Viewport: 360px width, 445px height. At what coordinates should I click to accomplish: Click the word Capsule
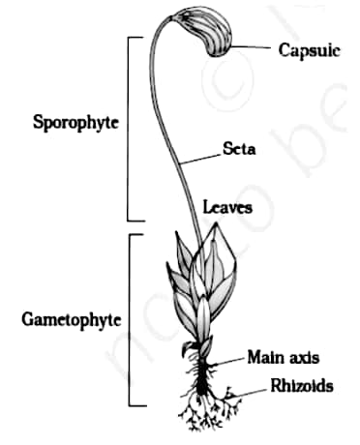[309, 48]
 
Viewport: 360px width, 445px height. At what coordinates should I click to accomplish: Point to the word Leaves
[228, 207]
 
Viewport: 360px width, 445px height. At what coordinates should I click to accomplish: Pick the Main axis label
[282, 356]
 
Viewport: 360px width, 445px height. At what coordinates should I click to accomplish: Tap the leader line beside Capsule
[255, 45]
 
